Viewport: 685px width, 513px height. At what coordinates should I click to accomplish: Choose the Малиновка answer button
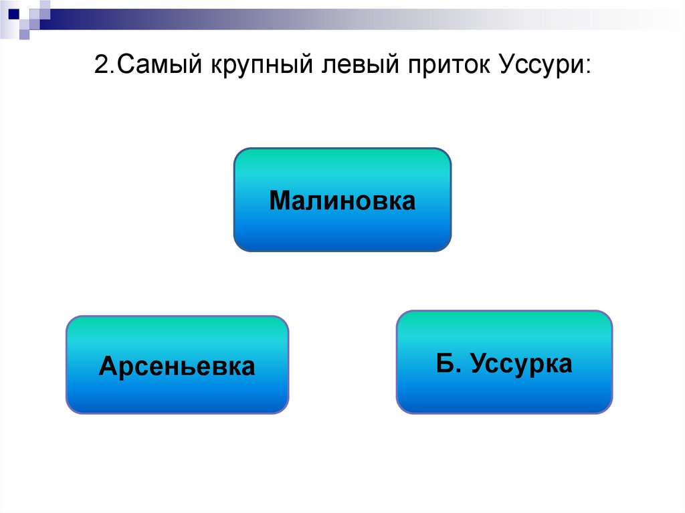[x=342, y=200]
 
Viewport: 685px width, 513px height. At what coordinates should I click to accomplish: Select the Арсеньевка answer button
[x=177, y=365]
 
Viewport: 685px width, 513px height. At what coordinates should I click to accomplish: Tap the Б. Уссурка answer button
[x=504, y=362]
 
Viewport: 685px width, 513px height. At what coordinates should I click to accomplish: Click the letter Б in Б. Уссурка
[x=444, y=364]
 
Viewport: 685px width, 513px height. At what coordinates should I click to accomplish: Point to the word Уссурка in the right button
[x=521, y=364]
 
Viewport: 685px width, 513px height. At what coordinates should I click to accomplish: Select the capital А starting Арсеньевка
[x=107, y=366]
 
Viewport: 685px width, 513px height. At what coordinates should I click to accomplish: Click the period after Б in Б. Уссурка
[x=455, y=371]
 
